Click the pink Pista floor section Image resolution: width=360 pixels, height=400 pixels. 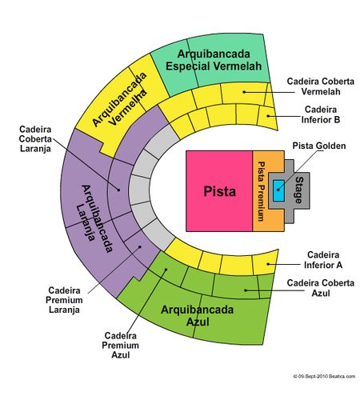pyautogui.click(x=219, y=191)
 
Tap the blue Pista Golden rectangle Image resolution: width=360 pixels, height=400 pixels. pyautogui.click(x=278, y=190)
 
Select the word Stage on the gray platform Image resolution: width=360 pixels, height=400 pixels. pyautogui.click(x=299, y=190)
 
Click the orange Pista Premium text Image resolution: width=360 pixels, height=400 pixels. pyautogui.click(x=261, y=191)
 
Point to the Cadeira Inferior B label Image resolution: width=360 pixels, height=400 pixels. pyautogui.click(x=321, y=114)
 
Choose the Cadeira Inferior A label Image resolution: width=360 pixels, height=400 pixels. pyautogui.click(x=323, y=260)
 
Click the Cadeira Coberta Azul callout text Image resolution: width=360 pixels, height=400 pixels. pyautogui.click(x=321, y=288)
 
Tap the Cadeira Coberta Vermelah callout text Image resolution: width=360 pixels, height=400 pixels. pyautogui.click(x=321, y=86)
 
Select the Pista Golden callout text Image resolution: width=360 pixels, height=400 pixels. pyautogui.click(x=319, y=146)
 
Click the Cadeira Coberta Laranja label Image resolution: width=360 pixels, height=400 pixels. pyautogui.click(x=35, y=139)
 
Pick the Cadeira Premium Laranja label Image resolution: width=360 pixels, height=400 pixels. pyautogui.click(x=64, y=300)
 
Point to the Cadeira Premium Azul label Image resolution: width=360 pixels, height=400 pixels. pyautogui.click(x=120, y=345)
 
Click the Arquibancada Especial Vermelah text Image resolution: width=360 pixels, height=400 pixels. pyautogui.click(x=214, y=60)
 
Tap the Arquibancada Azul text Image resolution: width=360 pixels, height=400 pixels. pyautogui.click(x=198, y=316)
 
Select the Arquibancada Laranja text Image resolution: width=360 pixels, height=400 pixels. pyautogui.click(x=94, y=218)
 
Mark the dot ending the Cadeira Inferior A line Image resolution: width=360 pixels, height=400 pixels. pyautogui.click(x=268, y=264)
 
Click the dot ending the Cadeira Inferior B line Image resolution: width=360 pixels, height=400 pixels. pyautogui.click(x=268, y=116)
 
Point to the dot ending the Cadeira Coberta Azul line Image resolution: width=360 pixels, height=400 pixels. pyautogui.click(x=246, y=290)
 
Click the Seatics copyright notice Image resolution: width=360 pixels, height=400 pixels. pyautogui.click(x=324, y=376)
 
